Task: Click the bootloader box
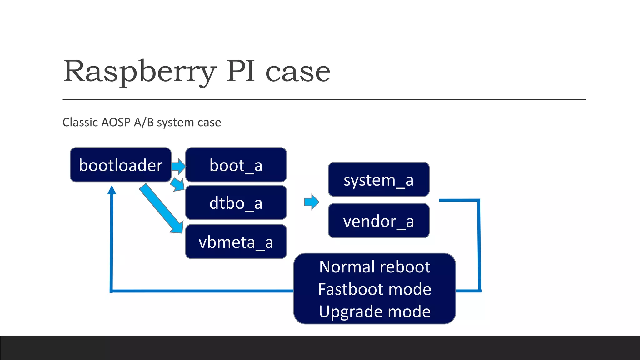121,165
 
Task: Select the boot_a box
236,165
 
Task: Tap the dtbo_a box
236,203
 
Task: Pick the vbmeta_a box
236,242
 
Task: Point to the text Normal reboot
375,267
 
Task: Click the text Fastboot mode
375,289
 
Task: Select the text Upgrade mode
375,312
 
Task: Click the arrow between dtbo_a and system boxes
312,202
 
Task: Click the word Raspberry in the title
139,72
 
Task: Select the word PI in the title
241,72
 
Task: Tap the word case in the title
297,72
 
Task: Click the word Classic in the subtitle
80,122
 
